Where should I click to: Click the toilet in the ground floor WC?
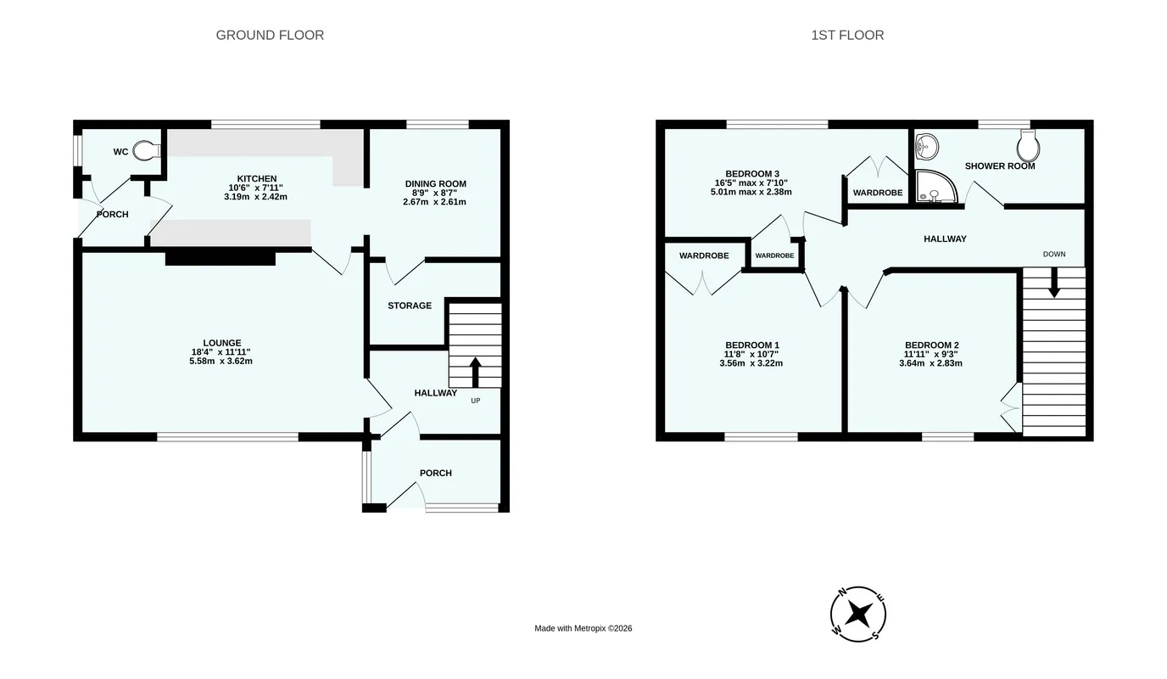(x=147, y=151)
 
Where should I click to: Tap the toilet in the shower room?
(x=1028, y=145)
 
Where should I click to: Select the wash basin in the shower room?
(x=927, y=147)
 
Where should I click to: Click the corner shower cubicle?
(x=936, y=186)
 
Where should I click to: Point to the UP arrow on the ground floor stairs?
(x=475, y=372)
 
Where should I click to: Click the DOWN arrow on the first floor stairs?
(x=1054, y=283)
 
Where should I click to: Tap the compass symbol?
(x=858, y=614)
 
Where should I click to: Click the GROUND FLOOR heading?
(x=270, y=35)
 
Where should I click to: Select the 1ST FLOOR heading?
(x=847, y=35)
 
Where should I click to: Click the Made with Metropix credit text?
(x=583, y=628)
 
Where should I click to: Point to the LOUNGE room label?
(x=222, y=343)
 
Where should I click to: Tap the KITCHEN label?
(x=257, y=178)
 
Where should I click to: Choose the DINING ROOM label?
(x=436, y=183)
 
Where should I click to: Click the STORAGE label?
(x=410, y=306)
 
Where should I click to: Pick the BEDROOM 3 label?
(x=752, y=174)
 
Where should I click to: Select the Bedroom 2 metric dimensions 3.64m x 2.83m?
(x=930, y=363)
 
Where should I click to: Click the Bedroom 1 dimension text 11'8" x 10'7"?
(x=751, y=354)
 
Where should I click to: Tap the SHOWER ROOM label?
(x=1000, y=166)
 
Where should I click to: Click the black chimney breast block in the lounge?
(x=221, y=259)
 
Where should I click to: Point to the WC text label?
(x=120, y=152)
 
